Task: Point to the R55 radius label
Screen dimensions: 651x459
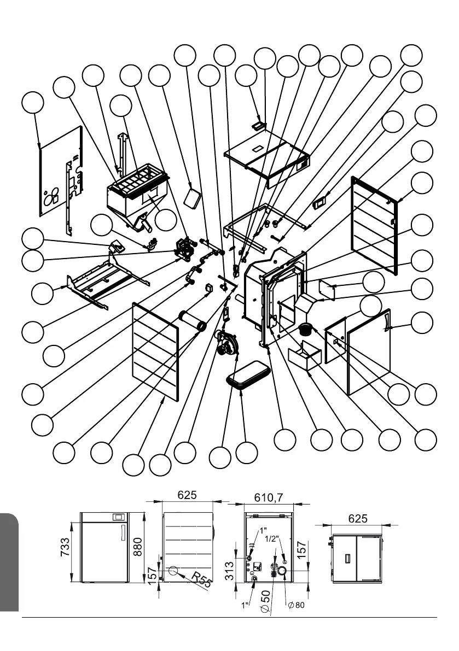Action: (x=200, y=580)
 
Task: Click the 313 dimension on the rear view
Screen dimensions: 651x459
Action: (x=230, y=568)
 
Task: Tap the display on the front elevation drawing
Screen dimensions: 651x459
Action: (x=118, y=517)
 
